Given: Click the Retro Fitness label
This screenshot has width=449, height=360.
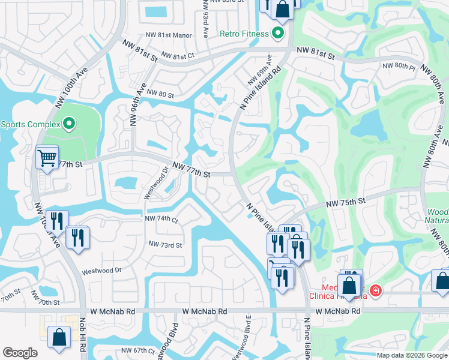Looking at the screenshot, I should (x=244, y=34).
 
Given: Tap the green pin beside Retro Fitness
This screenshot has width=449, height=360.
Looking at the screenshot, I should (x=277, y=34).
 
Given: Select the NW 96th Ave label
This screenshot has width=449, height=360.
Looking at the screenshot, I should (x=142, y=97).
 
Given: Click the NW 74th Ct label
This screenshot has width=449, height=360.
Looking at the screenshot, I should (x=161, y=220).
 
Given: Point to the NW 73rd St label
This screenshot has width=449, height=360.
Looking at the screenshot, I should (x=165, y=245).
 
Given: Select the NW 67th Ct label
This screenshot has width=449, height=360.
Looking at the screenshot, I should (x=137, y=350).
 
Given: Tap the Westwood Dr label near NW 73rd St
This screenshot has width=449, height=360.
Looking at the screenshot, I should (x=101, y=271).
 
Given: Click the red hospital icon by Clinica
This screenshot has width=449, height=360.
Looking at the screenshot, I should (x=376, y=290).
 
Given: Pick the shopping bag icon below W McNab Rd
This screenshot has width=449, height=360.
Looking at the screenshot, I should (x=60, y=337).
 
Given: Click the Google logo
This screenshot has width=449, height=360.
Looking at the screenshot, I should (x=20, y=353).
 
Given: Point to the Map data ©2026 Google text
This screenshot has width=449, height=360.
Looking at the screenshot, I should (x=412, y=355).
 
